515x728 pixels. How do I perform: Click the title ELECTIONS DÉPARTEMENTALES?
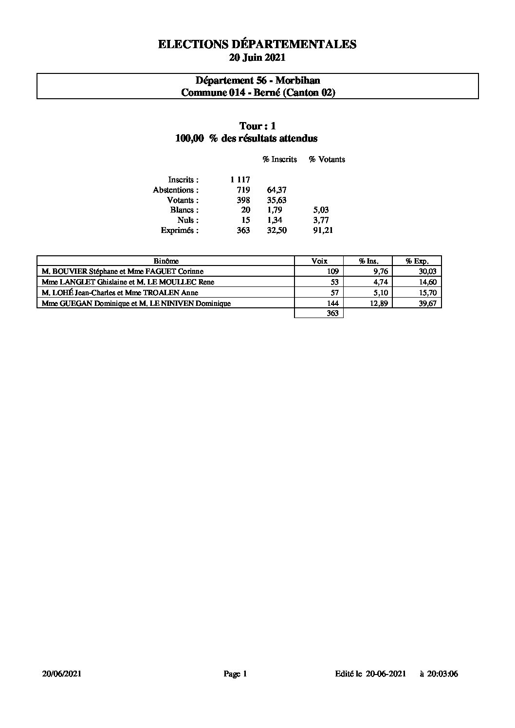pos(257,44)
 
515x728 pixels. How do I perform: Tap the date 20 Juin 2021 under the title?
pos(257,57)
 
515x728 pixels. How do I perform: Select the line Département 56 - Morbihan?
pos(257,80)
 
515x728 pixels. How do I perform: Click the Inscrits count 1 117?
pos(240,180)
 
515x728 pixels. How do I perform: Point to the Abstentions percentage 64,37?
pos(277,190)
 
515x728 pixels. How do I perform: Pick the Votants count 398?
pos(243,200)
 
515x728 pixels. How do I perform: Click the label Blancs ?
pos(184,210)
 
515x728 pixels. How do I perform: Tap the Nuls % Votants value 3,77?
pos(321,220)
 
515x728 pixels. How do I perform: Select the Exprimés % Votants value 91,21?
pos(323,231)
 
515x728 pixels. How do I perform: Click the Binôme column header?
pos(166,261)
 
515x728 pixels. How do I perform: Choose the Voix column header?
pos(319,261)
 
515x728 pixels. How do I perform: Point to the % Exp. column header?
pos(417,261)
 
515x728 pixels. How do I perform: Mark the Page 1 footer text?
pos(236,674)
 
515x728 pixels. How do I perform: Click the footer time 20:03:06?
pos(442,674)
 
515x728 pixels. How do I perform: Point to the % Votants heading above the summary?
pos(327,160)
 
